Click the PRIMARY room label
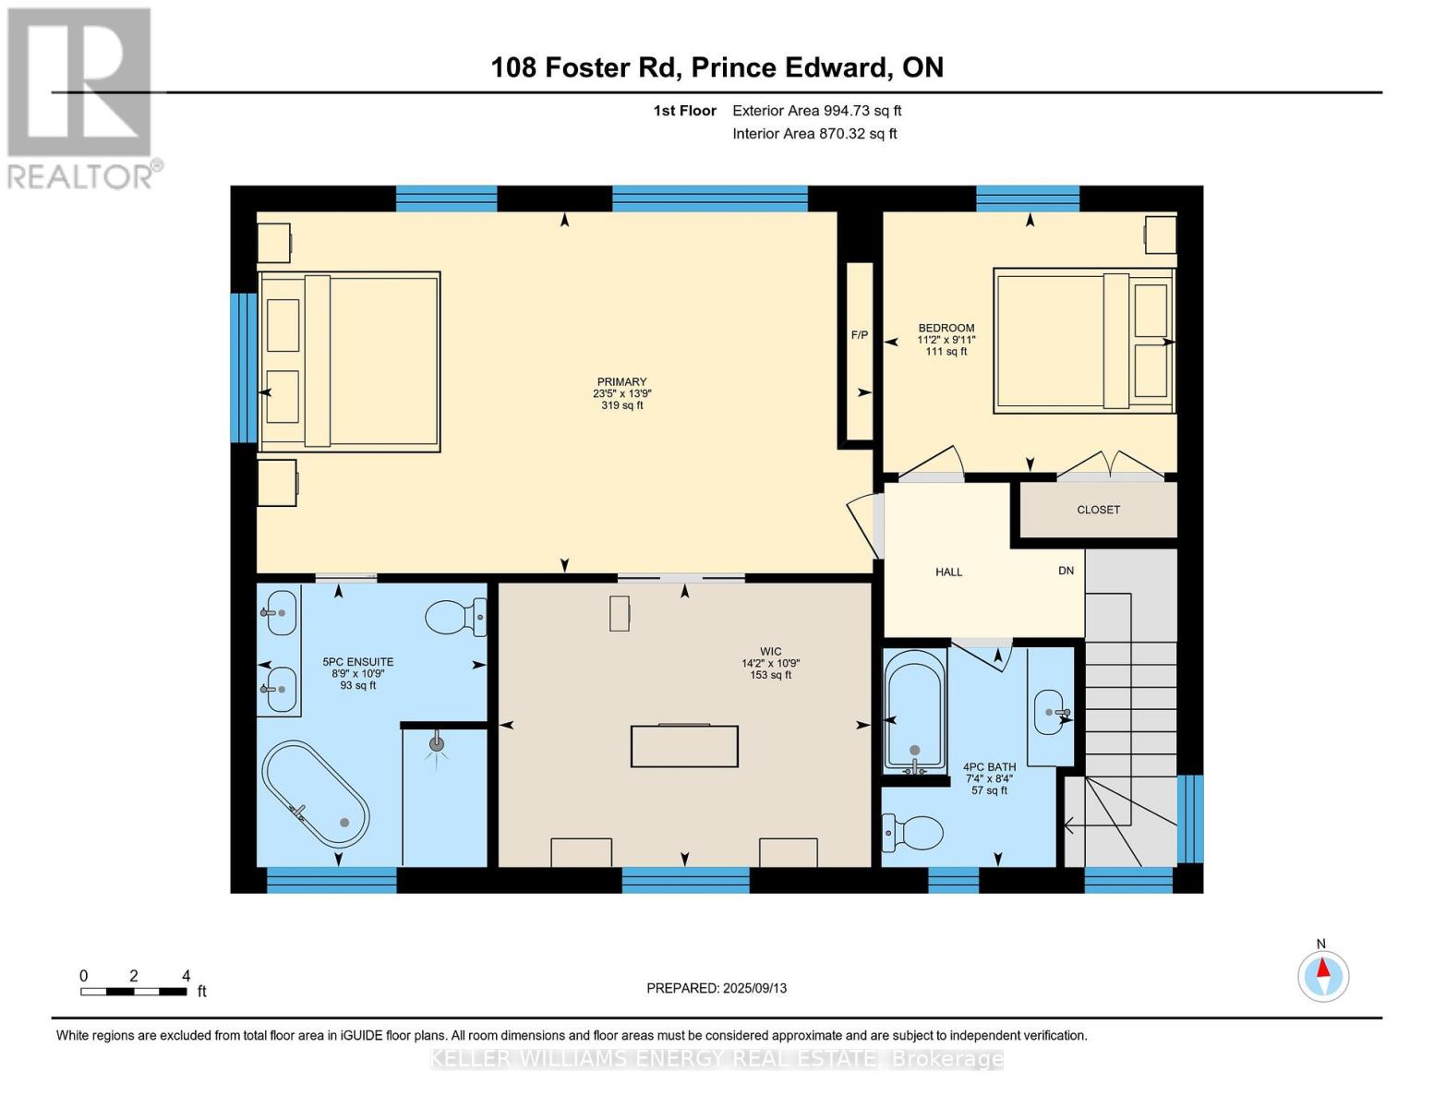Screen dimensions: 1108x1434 621,381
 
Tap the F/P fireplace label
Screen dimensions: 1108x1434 859,335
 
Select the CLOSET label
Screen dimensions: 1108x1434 1098,510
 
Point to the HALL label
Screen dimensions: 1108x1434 948,572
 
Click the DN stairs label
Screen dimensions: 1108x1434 1066,571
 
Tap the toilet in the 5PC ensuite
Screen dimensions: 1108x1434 454,617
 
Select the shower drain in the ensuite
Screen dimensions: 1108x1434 437,743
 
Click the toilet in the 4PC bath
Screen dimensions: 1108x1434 911,832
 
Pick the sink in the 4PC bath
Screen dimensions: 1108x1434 1050,712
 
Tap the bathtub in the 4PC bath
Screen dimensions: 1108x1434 914,709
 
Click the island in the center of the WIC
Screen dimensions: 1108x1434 684,746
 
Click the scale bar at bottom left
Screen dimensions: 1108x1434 134,992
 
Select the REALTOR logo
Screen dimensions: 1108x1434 81,97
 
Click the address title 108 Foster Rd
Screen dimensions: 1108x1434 717,67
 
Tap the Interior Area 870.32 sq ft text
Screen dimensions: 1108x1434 814,134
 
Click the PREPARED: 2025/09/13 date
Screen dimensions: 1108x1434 717,988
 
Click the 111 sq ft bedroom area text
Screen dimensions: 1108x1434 946,352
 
